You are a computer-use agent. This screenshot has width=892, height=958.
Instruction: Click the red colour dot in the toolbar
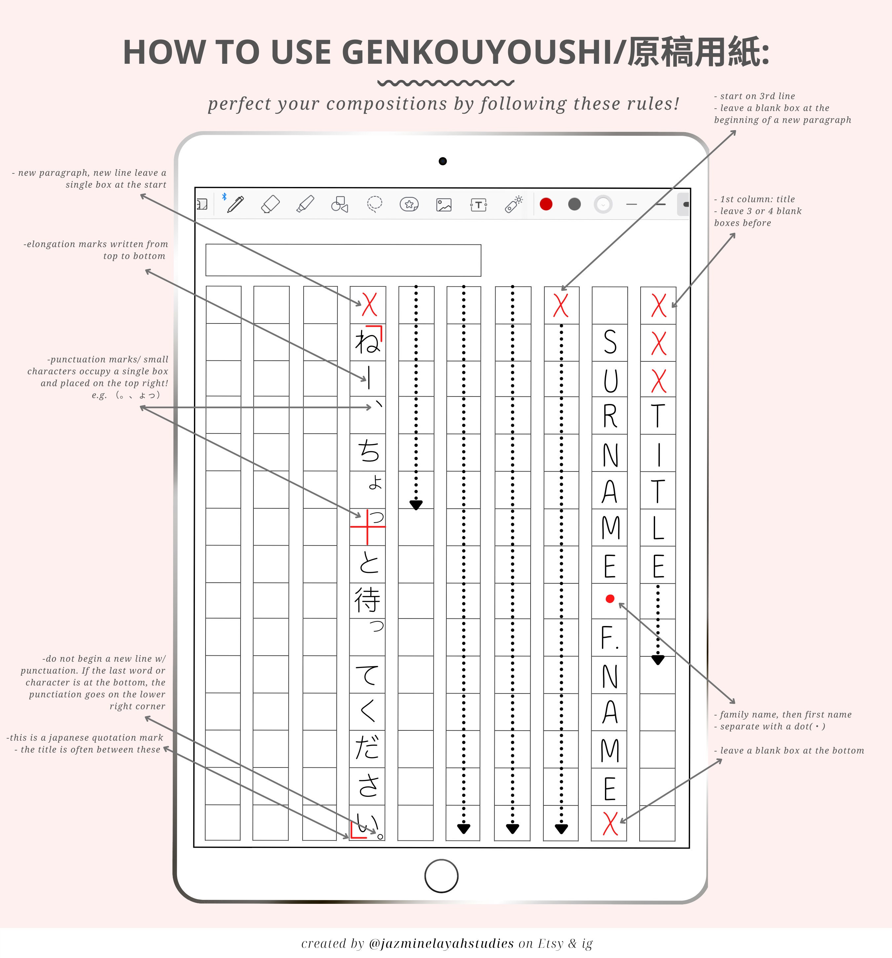546,204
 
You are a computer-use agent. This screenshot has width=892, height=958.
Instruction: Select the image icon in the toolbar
444,205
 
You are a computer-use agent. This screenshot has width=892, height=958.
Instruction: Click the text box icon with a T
478,205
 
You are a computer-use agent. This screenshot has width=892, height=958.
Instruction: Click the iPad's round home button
441,876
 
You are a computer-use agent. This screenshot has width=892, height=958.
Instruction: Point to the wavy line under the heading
446,83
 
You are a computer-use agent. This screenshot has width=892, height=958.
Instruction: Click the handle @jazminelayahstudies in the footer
441,943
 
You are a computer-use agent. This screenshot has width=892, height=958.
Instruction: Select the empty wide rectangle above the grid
343,260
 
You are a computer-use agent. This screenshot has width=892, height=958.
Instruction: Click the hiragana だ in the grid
367,747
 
